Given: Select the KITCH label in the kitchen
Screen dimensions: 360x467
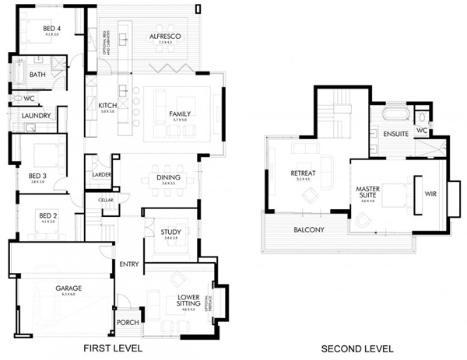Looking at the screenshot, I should (107, 106).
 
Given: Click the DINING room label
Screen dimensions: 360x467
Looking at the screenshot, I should (169, 178).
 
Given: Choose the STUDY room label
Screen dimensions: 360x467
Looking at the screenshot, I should (170, 232).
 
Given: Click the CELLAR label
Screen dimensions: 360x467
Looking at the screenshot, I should (106, 200).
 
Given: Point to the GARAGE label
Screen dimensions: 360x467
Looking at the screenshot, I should (68, 288).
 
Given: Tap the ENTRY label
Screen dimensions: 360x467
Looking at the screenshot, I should (129, 264).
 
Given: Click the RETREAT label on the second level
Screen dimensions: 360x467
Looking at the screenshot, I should (302, 173).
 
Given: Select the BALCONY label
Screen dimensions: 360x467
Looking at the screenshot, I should (309, 229).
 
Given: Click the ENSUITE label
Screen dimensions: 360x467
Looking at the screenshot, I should (397, 134).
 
